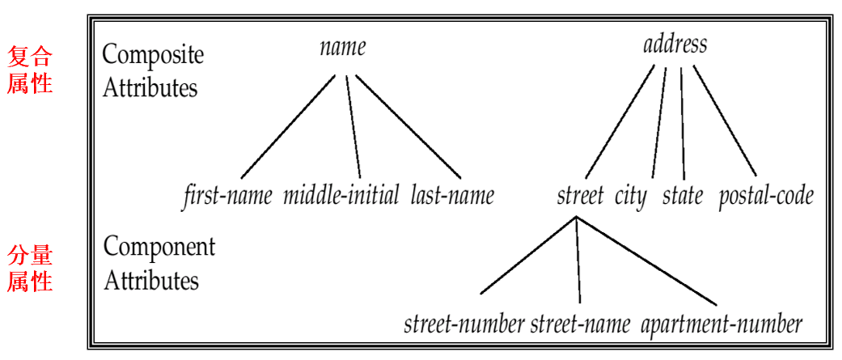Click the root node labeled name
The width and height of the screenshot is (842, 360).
(342, 47)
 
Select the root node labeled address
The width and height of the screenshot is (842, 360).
(675, 44)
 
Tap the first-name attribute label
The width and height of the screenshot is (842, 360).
(227, 195)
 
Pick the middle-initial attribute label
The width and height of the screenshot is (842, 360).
(341, 195)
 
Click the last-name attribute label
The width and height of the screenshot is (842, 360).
(452, 195)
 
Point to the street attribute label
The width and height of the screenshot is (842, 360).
(580, 195)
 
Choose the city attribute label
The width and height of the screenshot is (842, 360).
(631, 196)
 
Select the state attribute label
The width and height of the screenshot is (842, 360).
(683, 195)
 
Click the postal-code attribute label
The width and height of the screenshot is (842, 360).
(765, 196)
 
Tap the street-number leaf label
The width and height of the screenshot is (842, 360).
(464, 324)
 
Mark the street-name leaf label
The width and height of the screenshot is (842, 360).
(580, 324)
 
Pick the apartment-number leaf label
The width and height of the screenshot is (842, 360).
(721, 324)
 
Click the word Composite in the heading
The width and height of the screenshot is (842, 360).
(153, 55)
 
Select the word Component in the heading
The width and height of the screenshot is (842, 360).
(159, 247)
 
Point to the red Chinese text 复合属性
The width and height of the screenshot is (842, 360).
(30, 70)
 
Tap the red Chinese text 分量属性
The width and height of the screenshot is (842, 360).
(30, 269)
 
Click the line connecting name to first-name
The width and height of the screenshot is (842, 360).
(288, 127)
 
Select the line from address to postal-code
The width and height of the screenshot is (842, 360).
(725, 122)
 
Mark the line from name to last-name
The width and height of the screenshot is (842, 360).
(408, 127)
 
